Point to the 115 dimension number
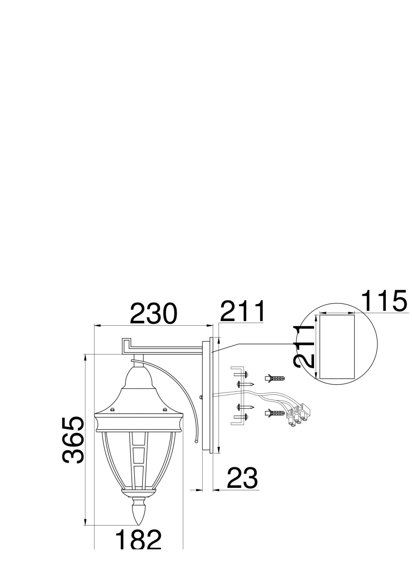(384, 301)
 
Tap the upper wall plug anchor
(274, 378)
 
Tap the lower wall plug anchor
(274, 413)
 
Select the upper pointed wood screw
(246, 384)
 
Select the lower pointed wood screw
(246, 407)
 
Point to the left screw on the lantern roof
(112, 409)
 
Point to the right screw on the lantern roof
(165, 409)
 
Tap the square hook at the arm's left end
(126, 346)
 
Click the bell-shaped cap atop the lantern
(138, 378)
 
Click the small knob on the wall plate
(201, 397)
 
